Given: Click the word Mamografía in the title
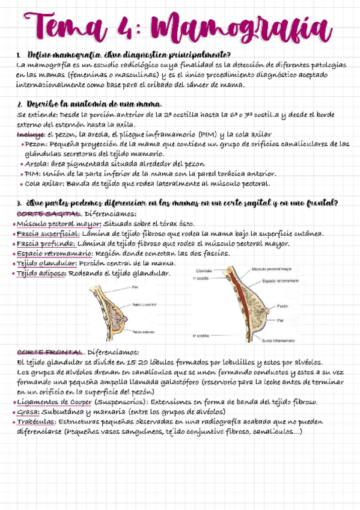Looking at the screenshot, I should pos(240,29).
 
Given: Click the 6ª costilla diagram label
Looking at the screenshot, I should pos(201,335).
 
